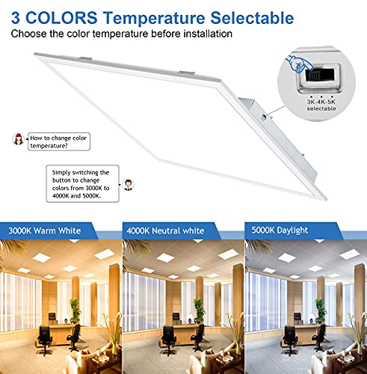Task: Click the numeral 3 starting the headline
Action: [x=14, y=16]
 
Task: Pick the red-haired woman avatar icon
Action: [x=18, y=139]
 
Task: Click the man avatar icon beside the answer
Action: [x=129, y=183]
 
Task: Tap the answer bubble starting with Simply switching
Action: [x=81, y=183]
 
